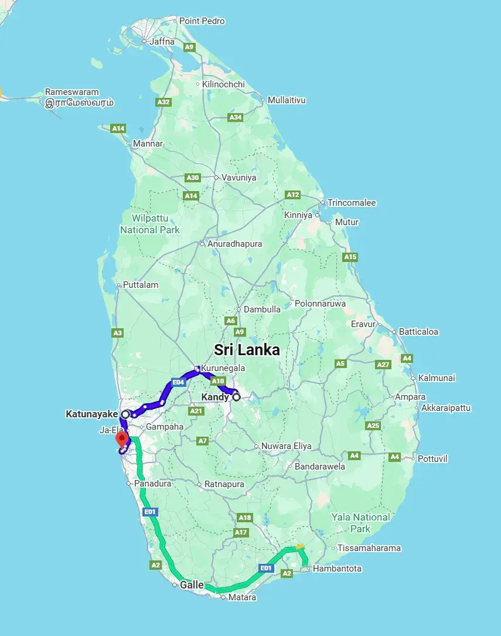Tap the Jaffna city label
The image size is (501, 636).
[162, 41]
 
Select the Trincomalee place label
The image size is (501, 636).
[352, 203]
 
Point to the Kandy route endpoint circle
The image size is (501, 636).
[237, 397]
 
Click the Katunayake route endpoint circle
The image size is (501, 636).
[125, 414]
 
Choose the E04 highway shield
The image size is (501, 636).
[179, 382]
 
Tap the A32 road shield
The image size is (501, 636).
[163, 102]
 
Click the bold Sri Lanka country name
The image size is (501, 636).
[247, 350]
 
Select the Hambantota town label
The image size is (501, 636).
[337, 569]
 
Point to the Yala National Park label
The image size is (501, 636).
[360, 522]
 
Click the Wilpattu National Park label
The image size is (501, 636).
[150, 224]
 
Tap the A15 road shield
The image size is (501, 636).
[350, 257]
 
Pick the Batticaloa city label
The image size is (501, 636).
[418, 332]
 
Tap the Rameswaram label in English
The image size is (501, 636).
[72, 92]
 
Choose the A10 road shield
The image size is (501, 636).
[218, 381]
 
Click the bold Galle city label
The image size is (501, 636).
[192, 585]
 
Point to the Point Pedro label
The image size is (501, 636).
[202, 21]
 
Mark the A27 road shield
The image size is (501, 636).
[383, 365]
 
